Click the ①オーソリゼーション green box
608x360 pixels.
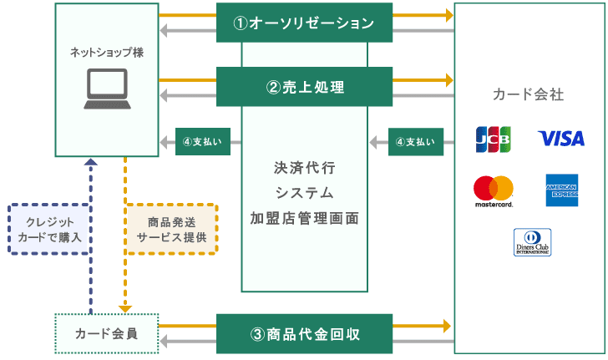coord(304,23)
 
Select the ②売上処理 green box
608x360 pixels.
coord(304,87)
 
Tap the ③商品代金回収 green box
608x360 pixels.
coord(304,334)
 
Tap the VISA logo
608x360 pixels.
coord(561,138)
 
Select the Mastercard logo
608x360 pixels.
coord(493,190)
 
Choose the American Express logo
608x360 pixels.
coord(561,190)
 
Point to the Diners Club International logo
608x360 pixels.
coord(532,242)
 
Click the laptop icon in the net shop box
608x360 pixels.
coord(107,91)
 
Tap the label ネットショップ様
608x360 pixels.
coord(106,52)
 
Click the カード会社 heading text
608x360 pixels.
coord(529,94)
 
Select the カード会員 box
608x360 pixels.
coord(106,334)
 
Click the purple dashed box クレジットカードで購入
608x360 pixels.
coord(49,229)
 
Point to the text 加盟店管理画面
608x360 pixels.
coord(305,219)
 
